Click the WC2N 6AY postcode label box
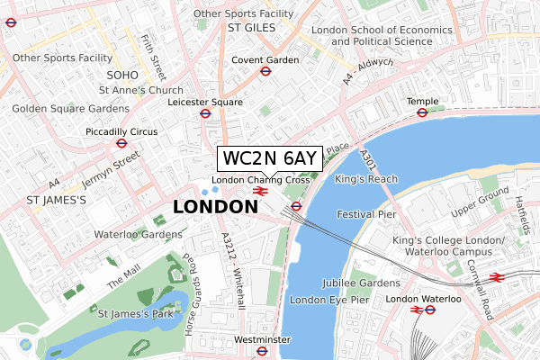point(269,158)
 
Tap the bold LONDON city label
point(214,208)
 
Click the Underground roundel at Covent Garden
point(266,72)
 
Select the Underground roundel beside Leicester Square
point(205,113)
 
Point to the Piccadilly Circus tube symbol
point(121,143)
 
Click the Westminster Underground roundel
point(262,351)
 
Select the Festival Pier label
point(366,215)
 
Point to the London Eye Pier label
point(330,299)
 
